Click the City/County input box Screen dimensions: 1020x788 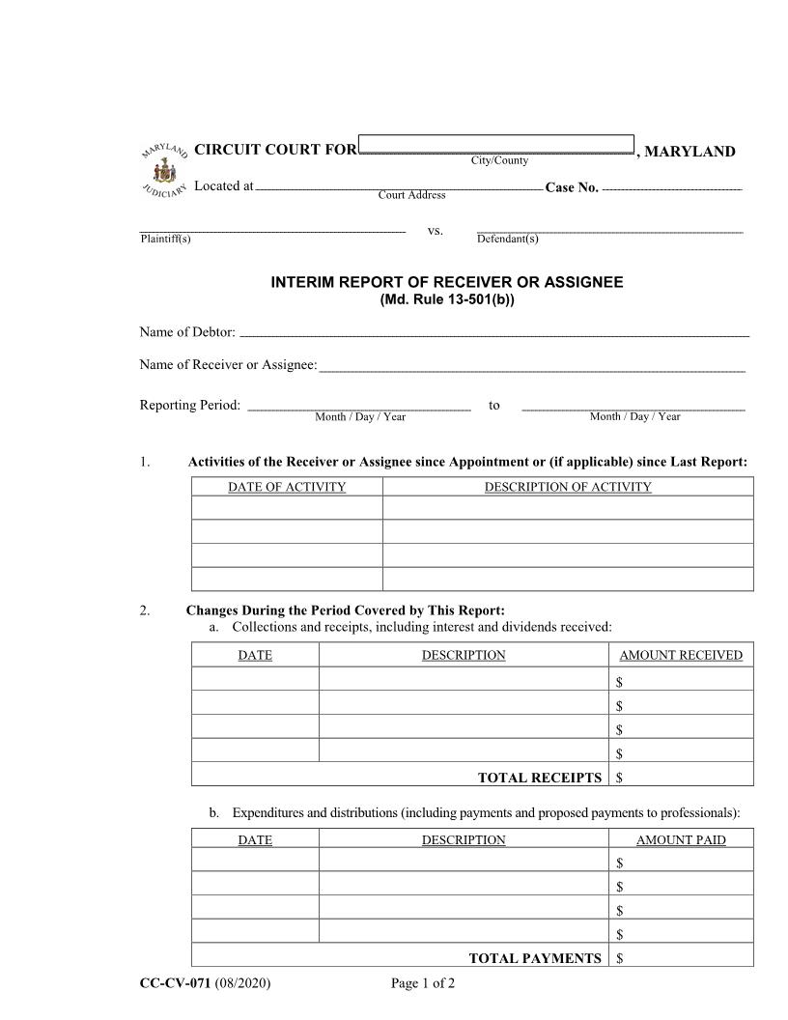point(495,144)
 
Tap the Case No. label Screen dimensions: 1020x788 point(572,186)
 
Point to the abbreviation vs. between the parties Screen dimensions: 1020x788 point(435,231)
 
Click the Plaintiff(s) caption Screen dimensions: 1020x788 point(165,240)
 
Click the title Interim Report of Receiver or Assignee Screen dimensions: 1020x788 point(446,282)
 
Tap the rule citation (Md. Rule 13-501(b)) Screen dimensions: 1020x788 point(446,299)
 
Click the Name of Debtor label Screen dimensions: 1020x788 point(187,332)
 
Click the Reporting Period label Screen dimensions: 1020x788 point(189,405)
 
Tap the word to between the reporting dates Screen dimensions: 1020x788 point(494,405)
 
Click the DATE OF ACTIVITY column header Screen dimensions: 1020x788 point(287,487)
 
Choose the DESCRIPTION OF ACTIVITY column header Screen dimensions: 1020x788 point(568,487)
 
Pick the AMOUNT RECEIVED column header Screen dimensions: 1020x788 point(681,655)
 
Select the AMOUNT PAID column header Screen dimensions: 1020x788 point(681,840)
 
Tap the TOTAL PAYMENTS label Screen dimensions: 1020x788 point(535,958)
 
